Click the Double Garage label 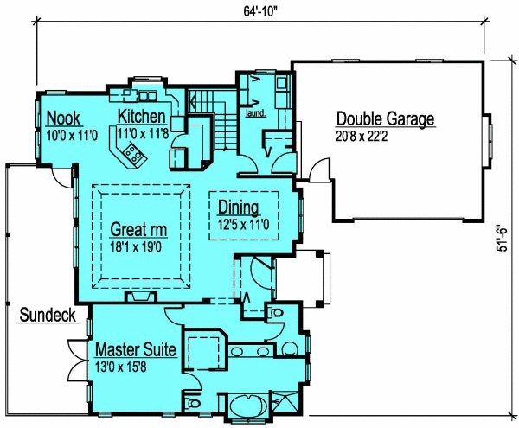[385, 119]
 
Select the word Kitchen [143, 117]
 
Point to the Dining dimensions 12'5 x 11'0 [245, 222]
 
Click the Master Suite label [136, 349]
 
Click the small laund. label [255, 112]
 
